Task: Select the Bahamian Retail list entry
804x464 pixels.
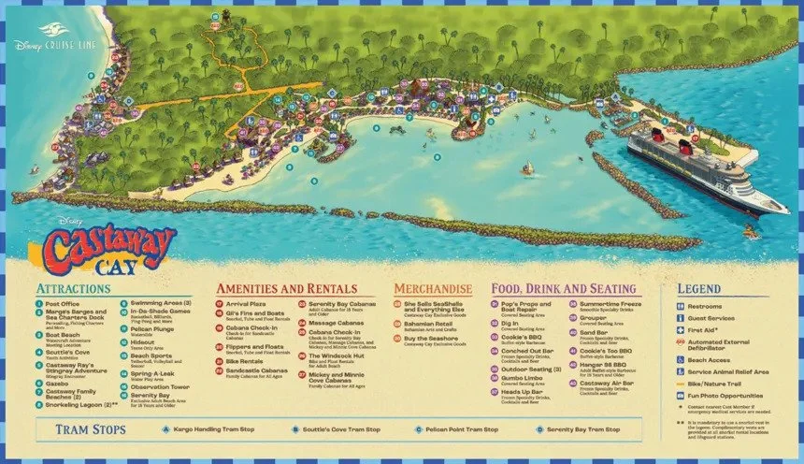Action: click(429, 323)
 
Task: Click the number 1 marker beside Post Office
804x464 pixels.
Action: click(39, 304)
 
